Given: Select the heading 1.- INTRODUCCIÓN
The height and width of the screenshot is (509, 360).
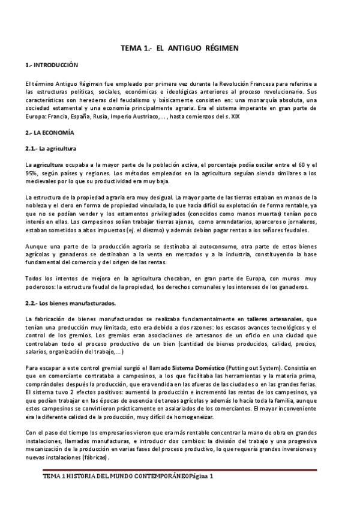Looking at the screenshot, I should pyautogui.click(x=52, y=64).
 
